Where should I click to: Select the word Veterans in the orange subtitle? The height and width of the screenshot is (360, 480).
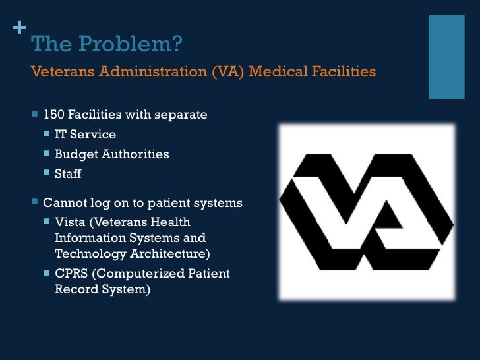[x=63, y=71]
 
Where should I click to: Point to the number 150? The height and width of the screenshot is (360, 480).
[x=53, y=115]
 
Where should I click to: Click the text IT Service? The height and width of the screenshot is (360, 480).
[x=85, y=135]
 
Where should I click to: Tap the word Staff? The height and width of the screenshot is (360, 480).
[x=68, y=174]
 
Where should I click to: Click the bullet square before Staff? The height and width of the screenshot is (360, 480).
[x=46, y=173]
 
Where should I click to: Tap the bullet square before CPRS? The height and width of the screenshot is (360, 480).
[x=46, y=272]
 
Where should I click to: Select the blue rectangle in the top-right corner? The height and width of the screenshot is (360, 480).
[x=446, y=56]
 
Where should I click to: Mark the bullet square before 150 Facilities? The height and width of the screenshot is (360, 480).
[x=34, y=114]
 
